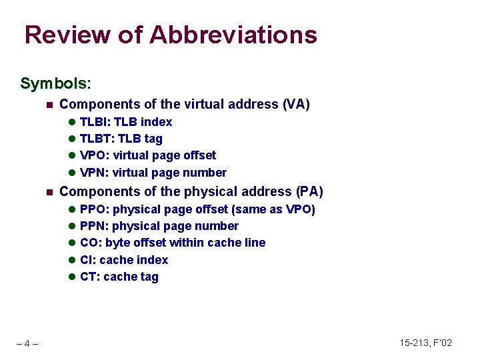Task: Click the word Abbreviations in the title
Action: tap(233, 35)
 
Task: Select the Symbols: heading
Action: tap(55, 83)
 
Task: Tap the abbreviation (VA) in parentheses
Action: tap(296, 104)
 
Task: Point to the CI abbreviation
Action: tap(87, 260)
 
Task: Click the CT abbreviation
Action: tap(88, 277)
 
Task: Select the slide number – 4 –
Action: tap(27, 343)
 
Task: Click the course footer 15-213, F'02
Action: tap(425, 343)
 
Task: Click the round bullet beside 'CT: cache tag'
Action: tap(72, 277)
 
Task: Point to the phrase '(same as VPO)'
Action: tap(273, 209)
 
